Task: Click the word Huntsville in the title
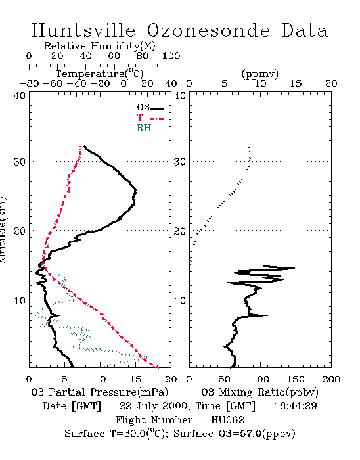(83, 30)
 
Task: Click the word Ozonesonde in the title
(208, 30)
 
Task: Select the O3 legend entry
(150, 108)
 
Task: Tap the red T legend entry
(150, 118)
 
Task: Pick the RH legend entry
(150, 128)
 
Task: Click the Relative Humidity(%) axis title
(100, 46)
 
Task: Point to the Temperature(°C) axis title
(100, 74)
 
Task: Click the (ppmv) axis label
(260, 74)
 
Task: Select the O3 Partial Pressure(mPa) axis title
(100, 392)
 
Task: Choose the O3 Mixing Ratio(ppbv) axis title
(259, 392)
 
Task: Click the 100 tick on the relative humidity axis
(171, 56)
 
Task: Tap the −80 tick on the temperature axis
(30, 84)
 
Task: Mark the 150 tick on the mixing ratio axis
(296, 379)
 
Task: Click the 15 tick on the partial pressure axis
(135, 379)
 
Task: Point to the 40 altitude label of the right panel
(180, 96)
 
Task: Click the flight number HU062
(227, 419)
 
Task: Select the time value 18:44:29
(296, 406)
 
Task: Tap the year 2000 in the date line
(175, 406)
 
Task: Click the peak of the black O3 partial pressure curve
(136, 192)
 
